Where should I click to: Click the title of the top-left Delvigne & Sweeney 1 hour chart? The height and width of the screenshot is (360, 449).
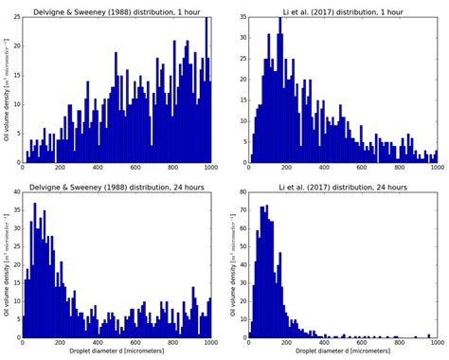point(117,9)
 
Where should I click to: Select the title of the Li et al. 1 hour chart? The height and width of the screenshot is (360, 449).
point(342,9)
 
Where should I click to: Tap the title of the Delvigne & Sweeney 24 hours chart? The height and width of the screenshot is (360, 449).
point(117,188)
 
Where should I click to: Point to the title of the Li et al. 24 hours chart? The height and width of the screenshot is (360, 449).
point(342,188)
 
